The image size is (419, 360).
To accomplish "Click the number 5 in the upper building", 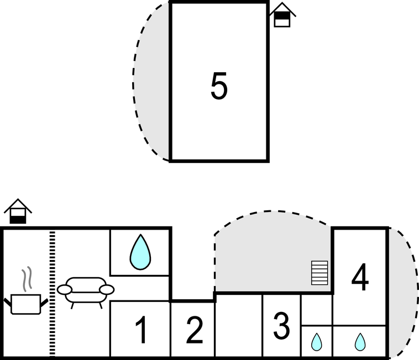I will tap(219, 87).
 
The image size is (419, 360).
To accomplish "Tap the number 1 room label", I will tap(141, 330).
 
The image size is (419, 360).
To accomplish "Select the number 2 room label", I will tap(194, 330).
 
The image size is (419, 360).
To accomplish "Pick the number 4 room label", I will tap(360, 278).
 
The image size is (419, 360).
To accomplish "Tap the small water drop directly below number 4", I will tap(360, 342).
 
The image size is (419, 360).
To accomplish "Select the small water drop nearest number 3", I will tap(316, 342).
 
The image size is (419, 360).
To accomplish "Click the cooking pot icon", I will tap(26, 303).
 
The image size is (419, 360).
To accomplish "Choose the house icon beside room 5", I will tap(282, 15).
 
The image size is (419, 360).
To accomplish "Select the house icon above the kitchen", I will tap(18, 211).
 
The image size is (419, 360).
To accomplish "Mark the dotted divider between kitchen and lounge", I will tap(53, 293).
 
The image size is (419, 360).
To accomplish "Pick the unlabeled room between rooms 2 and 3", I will tap(238, 326).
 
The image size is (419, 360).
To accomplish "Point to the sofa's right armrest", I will tap(107, 289).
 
